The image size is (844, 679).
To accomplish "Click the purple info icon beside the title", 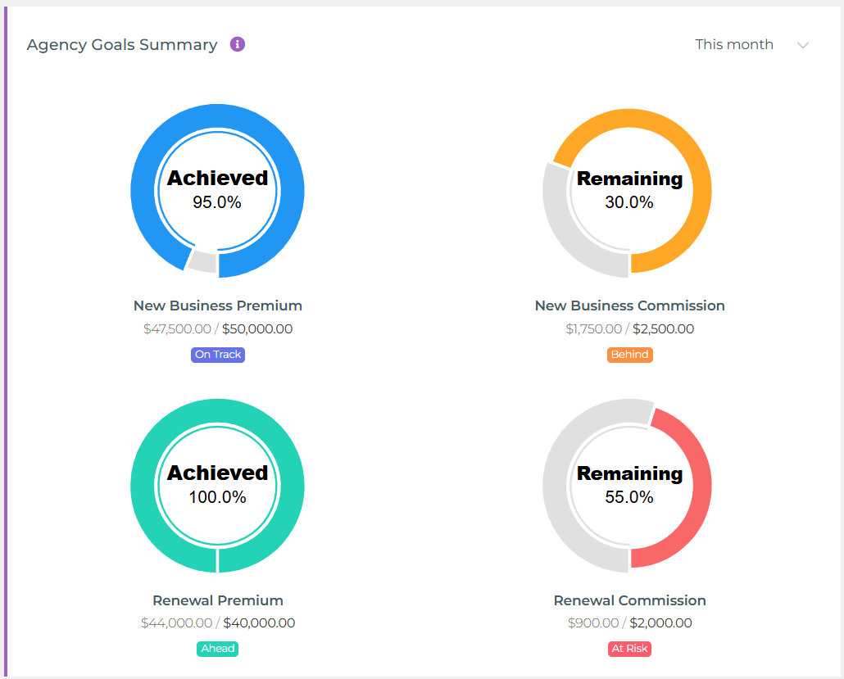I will click(238, 44).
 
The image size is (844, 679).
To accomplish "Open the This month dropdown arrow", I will click(803, 45).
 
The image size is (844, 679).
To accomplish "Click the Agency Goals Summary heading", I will click(122, 45).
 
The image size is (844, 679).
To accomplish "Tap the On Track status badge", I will click(218, 355).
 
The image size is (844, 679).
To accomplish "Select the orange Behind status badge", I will click(629, 355).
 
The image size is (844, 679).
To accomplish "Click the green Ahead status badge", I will click(218, 649).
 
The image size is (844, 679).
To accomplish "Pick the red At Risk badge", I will click(629, 649).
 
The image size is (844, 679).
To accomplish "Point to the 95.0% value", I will click(217, 202).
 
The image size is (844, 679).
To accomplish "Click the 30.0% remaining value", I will click(629, 202).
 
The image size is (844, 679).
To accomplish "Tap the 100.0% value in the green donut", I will click(217, 497).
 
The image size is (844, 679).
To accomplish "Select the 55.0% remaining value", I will click(629, 497).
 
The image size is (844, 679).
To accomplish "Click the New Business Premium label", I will click(218, 306).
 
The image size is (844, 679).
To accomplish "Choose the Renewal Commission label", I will click(629, 600).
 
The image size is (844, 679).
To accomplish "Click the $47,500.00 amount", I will click(177, 329).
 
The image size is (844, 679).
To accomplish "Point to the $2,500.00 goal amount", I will click(663, 329).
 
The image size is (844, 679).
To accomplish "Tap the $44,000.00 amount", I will click(176, 623).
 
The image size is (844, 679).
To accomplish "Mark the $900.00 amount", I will click(593, 623).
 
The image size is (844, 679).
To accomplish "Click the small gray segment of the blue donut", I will click(202, 262).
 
